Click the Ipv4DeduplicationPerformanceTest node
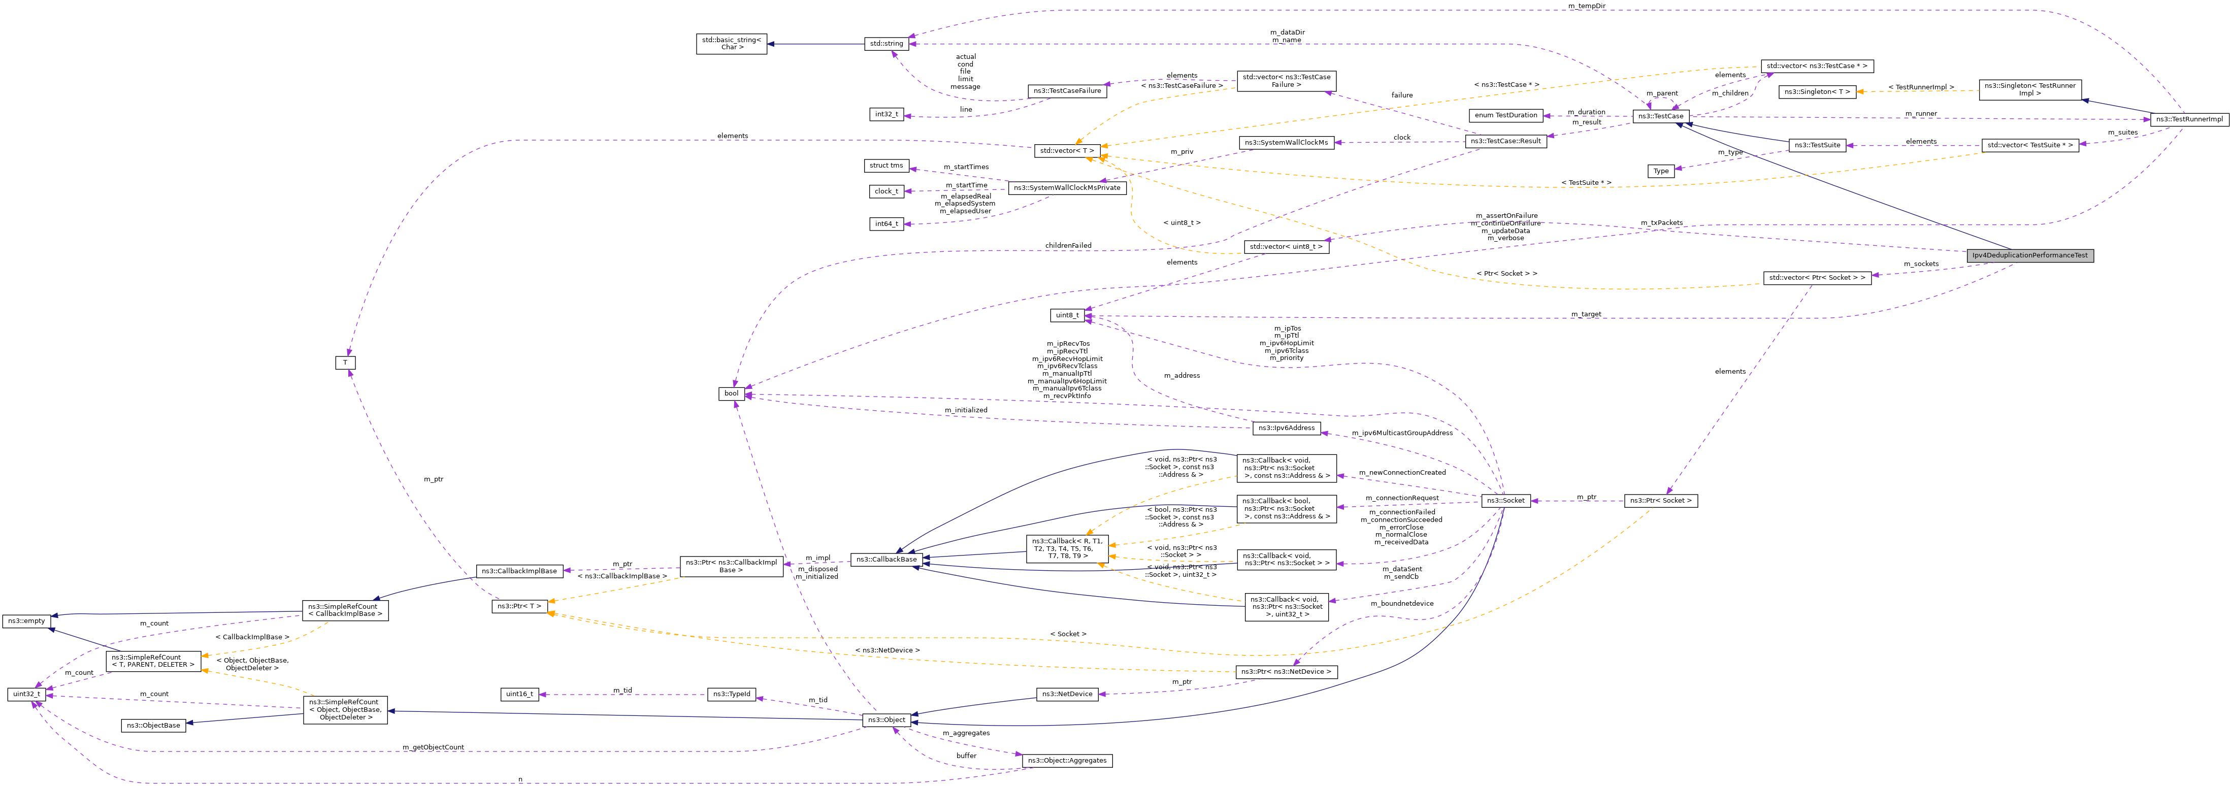[2029, 255]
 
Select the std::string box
[887, 43]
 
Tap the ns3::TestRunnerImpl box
[2189, 120]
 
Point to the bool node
[731, 394]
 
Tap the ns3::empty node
[26, 621]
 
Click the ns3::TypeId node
[731, 694]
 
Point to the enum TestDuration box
[1506, 115]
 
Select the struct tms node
[885, 166]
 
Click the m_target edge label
[1586, 315]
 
